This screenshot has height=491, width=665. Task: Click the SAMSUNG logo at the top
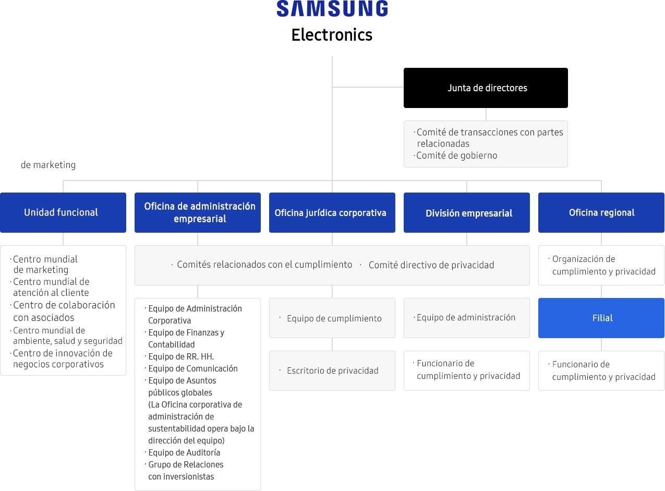coord(332,8)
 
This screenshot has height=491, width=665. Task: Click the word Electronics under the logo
coord(332,35)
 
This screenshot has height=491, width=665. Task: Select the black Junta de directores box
coord(486,88)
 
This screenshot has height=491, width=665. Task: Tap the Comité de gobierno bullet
coord(456,155)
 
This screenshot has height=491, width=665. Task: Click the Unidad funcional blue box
coord(63,212)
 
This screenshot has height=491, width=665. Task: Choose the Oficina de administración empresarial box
coord(198,212)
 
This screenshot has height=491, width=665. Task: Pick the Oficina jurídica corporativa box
coord(332,212)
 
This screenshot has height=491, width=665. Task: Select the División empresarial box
coord(466,212)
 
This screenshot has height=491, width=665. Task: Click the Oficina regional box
coord(601,212)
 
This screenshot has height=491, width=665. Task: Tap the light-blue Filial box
coord(601,318)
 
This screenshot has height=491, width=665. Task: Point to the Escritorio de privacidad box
coord(332,370)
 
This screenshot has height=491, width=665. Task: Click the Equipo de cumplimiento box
coord(332,318)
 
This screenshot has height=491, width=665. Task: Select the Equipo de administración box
coord(466,318)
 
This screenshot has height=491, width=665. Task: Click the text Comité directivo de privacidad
coord(431,265)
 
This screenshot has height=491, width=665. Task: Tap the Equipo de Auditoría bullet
coord(183,452)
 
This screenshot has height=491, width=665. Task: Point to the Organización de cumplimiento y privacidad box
coord(601,265)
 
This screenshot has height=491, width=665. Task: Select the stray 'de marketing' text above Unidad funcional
coord(49,165)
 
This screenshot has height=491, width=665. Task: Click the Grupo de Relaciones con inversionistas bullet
coord(184,470)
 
